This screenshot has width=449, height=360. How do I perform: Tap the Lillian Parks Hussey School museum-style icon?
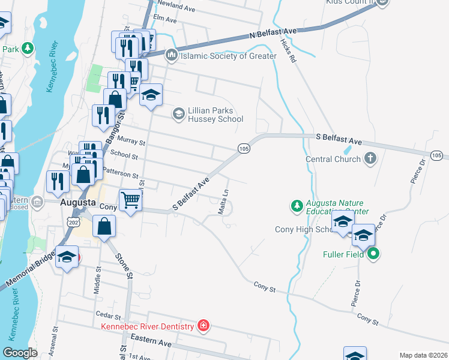179,113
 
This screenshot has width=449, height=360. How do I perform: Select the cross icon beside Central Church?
371,159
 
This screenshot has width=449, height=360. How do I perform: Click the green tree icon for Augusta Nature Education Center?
296,206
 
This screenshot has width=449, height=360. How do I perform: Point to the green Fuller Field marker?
373,254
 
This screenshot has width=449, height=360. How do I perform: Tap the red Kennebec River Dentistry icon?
203,326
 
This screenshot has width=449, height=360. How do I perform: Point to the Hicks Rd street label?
289,52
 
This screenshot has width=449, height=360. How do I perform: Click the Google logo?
20,353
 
